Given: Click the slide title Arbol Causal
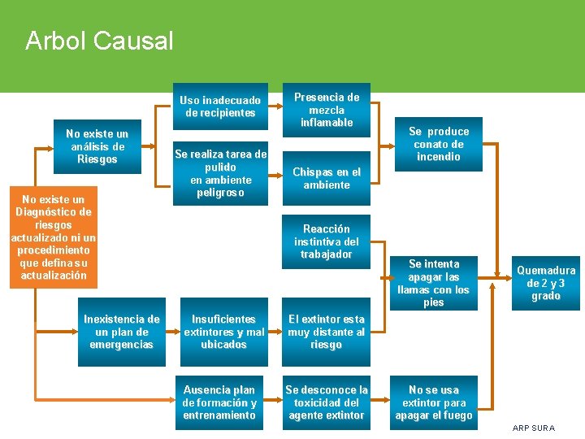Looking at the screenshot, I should pyautogui.click(x=99, y=41).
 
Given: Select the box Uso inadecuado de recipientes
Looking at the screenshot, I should pyautogui.click(x=220, y=106).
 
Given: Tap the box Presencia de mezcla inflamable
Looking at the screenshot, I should pyautogui.click(x=327, y=109).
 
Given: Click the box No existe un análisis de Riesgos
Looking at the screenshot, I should pyautogui.click(x=97, y=146).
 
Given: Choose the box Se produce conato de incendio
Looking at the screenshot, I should pyautogui.click(x=439, y=144).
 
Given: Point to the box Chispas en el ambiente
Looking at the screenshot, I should pyautogui.click(x=327, y=178).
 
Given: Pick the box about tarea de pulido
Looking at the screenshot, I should pyautogui.click(x=220, y=173).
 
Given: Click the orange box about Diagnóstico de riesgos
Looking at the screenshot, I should pyautogui.click(x=54, y=237).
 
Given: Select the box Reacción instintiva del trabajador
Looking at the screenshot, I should pyautogui.click(x=327, y=241).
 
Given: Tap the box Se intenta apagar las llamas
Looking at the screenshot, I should pyautogui.click(x=434, y=283).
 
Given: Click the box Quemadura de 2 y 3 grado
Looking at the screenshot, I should pyautogui.click(x=546, y=283).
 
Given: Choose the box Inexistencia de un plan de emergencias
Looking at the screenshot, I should pyautogui.click(x=122, y=332).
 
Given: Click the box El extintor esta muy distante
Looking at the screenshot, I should pyautogui.click(x=327, y=332).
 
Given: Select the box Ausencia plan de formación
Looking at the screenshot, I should pyautogui.click(x=220, y=402).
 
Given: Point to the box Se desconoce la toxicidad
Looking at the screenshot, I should pyautogui.click(x=327, y=402).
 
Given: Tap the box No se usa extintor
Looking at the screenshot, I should pyautogui.click(x=434, y=402).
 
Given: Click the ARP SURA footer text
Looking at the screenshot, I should pyautogui.click(x=534, y=428).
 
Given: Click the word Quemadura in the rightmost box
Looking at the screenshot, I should pyautogui.click(x=546, y=271).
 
